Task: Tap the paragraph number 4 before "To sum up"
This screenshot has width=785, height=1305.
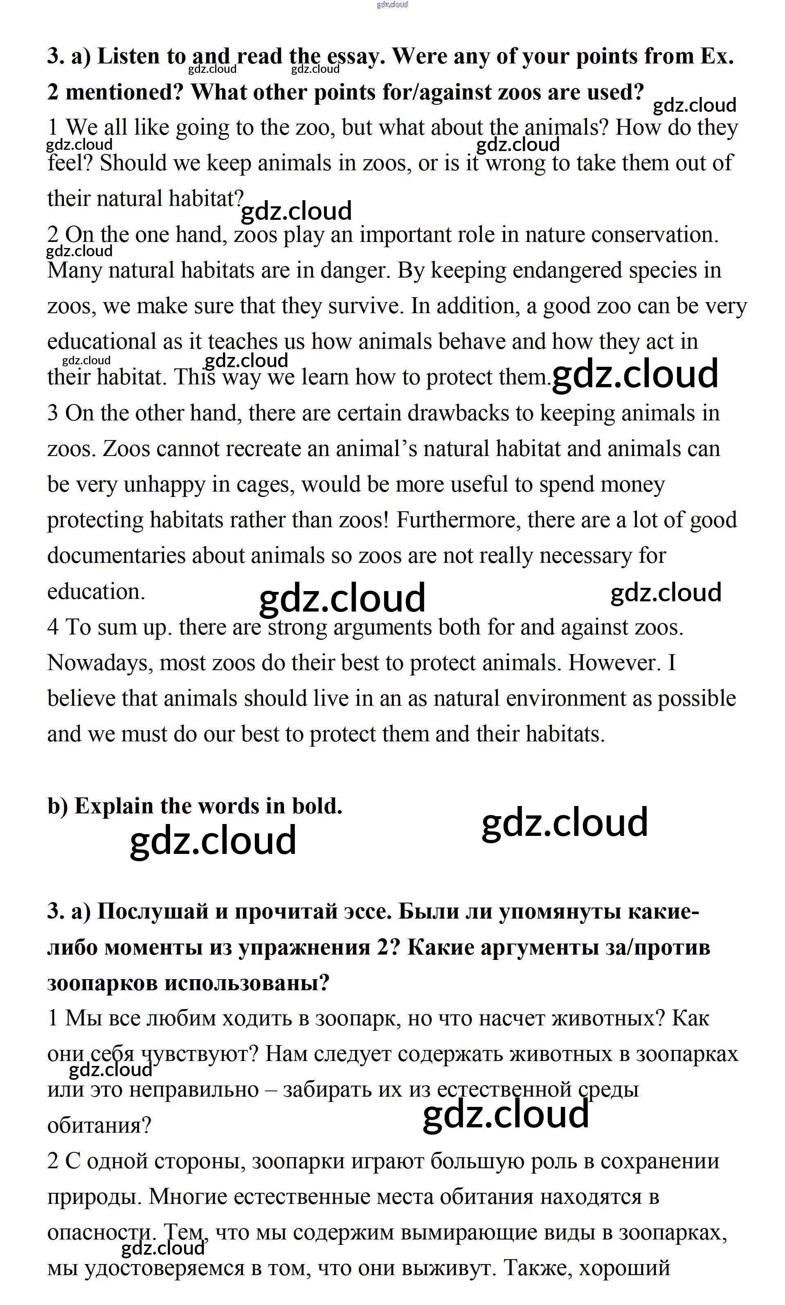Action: pyautogui.click(x=53, y=628)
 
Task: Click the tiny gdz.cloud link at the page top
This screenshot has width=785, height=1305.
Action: pyautogui.click(x=392, y=5)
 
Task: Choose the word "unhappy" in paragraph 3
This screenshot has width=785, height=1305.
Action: pyautogui.click(x=164, y=485)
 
